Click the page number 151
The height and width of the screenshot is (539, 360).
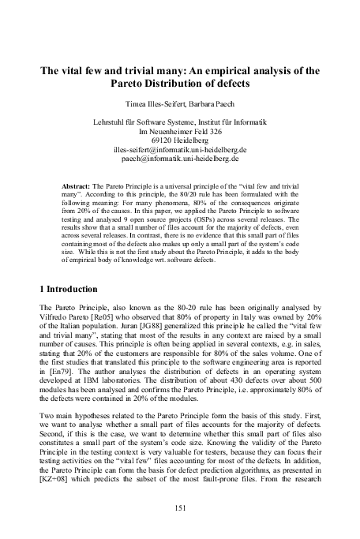click(x=180, y=508)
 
